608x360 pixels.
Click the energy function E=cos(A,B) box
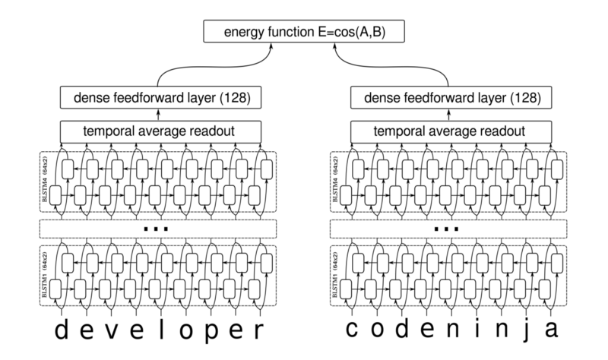304,32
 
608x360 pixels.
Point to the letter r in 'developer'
261,332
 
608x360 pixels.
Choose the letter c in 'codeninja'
353,332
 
